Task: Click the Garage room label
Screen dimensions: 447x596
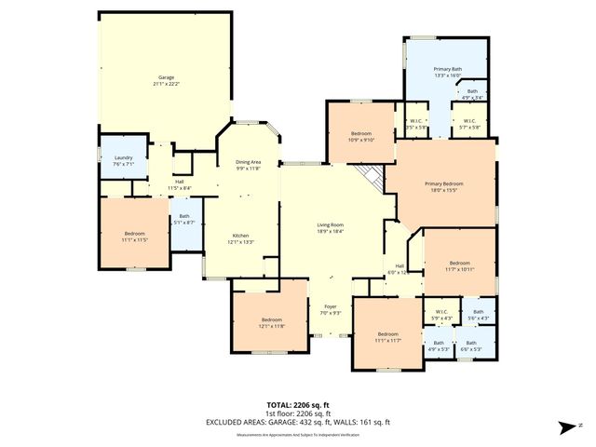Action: click(x=166, y=77)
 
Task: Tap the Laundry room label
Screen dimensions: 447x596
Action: click(x=124, y=157)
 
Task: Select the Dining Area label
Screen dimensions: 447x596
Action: click(x=248, y=162)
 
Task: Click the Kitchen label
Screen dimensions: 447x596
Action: click(x=241, y=236)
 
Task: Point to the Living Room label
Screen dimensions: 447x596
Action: click(x=331, y=224)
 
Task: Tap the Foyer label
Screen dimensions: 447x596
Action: click(x=330, y=306)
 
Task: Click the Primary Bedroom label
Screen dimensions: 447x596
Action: click(x=442, y=184)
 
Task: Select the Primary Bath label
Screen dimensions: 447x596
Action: click(x=447, y=70)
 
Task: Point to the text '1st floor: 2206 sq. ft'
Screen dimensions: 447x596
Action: click(x=297, y=413)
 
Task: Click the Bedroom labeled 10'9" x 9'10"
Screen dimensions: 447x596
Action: click(x=361, y=135)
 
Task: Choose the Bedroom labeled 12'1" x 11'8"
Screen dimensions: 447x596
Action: click(x=272, y=320)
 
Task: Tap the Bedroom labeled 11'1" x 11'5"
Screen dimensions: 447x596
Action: click(x=135, y=235)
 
